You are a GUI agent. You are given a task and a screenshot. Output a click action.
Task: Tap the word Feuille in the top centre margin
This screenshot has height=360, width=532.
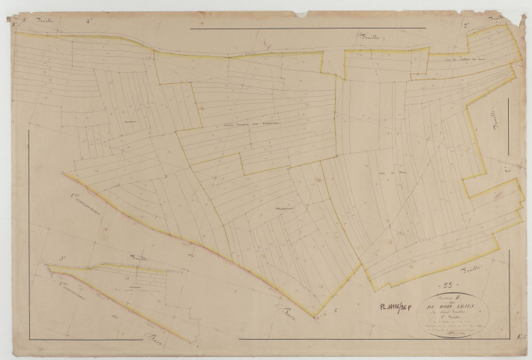click(x=367, y=38)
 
